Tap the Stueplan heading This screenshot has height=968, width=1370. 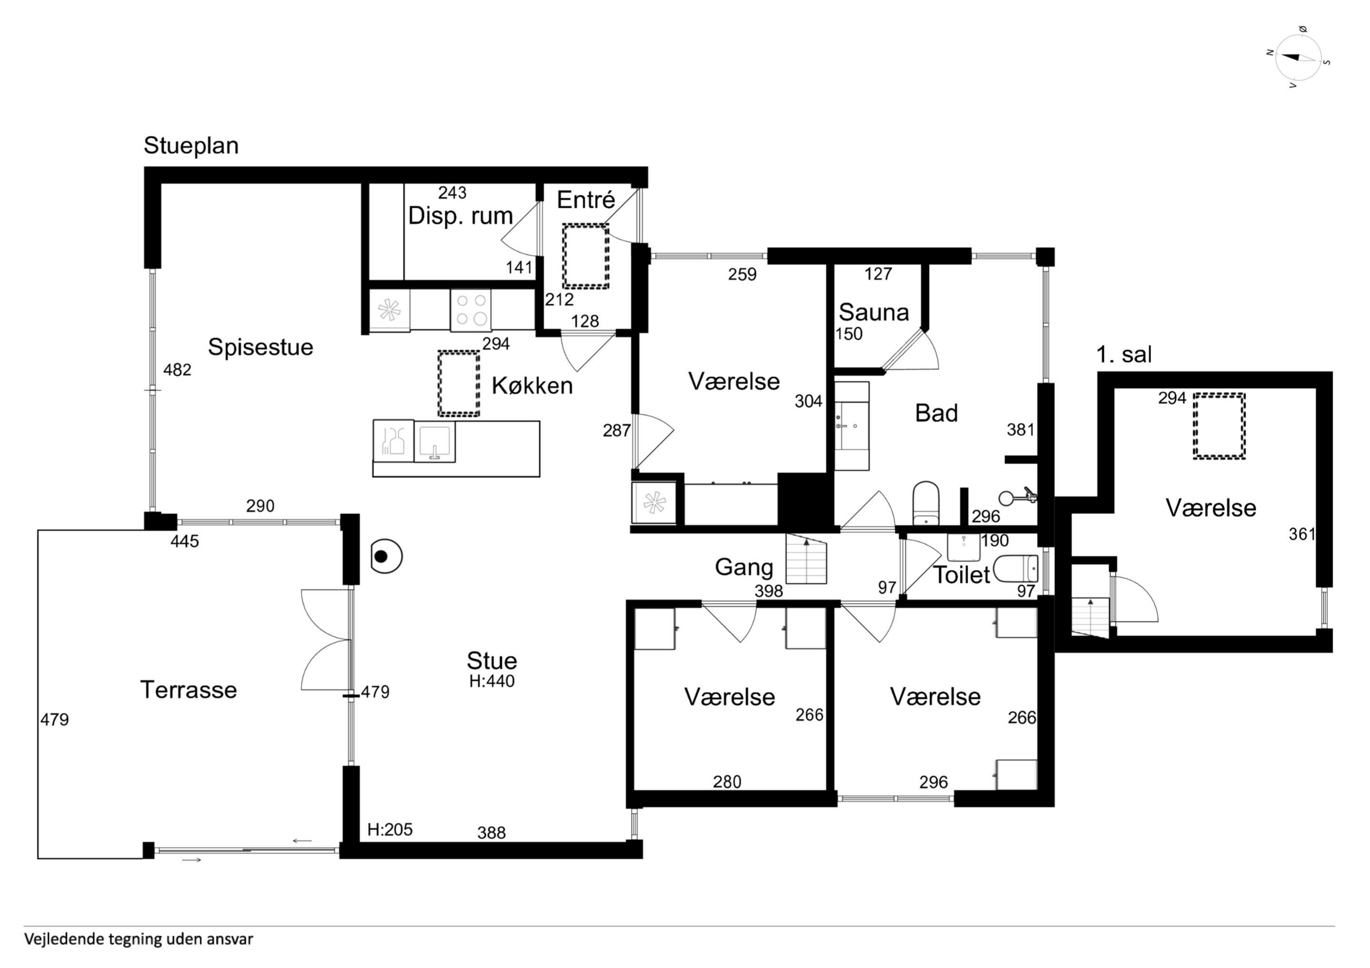coord(191,146)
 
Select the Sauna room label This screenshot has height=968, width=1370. coord(874,312)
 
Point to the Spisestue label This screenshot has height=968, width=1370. coord(260,347)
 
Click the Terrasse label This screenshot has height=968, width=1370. coord(188,690)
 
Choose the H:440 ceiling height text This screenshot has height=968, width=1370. coord(491,681)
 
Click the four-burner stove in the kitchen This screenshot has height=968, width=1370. coord(471,310)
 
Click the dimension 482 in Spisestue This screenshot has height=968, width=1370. coord(177,370)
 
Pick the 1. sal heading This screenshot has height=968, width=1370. coord(1123,354)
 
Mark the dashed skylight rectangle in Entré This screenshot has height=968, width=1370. coord(585,256)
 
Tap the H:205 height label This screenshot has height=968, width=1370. coord(390,830)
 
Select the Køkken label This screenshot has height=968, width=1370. coord(532,386)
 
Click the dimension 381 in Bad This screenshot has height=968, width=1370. coord(1020,430)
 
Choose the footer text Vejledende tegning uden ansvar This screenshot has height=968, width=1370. coord(139,939)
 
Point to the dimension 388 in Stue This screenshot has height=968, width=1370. coord(491,833)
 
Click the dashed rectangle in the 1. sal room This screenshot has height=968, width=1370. coord(1219,426)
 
